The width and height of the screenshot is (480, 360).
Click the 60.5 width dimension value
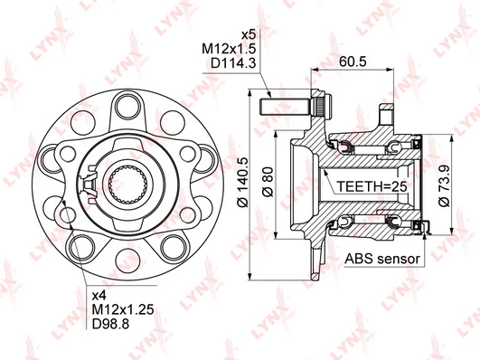pyautogui.click(x=353, y=62)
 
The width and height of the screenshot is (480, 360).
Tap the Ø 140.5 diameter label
pyautogui.click(x=244, y=182)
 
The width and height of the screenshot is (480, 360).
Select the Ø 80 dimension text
pyautogui.click(x=268, y=182)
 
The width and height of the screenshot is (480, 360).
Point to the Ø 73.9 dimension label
pyautogui.click(x=444, y=185)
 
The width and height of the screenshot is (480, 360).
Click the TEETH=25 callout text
pyautogui.click(x=372, y=186)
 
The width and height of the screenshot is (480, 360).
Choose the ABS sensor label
pyautogui.click(x=382, y=259)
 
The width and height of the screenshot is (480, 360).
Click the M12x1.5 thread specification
pyautogui.click(x=229, y=49)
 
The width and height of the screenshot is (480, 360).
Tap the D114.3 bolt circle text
pyautogui.click(x=233, y=63)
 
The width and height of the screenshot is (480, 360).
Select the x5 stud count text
pyautogui.click(x=249, y=34)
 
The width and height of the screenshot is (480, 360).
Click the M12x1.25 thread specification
pyautogui.click(x=123, y=309)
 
